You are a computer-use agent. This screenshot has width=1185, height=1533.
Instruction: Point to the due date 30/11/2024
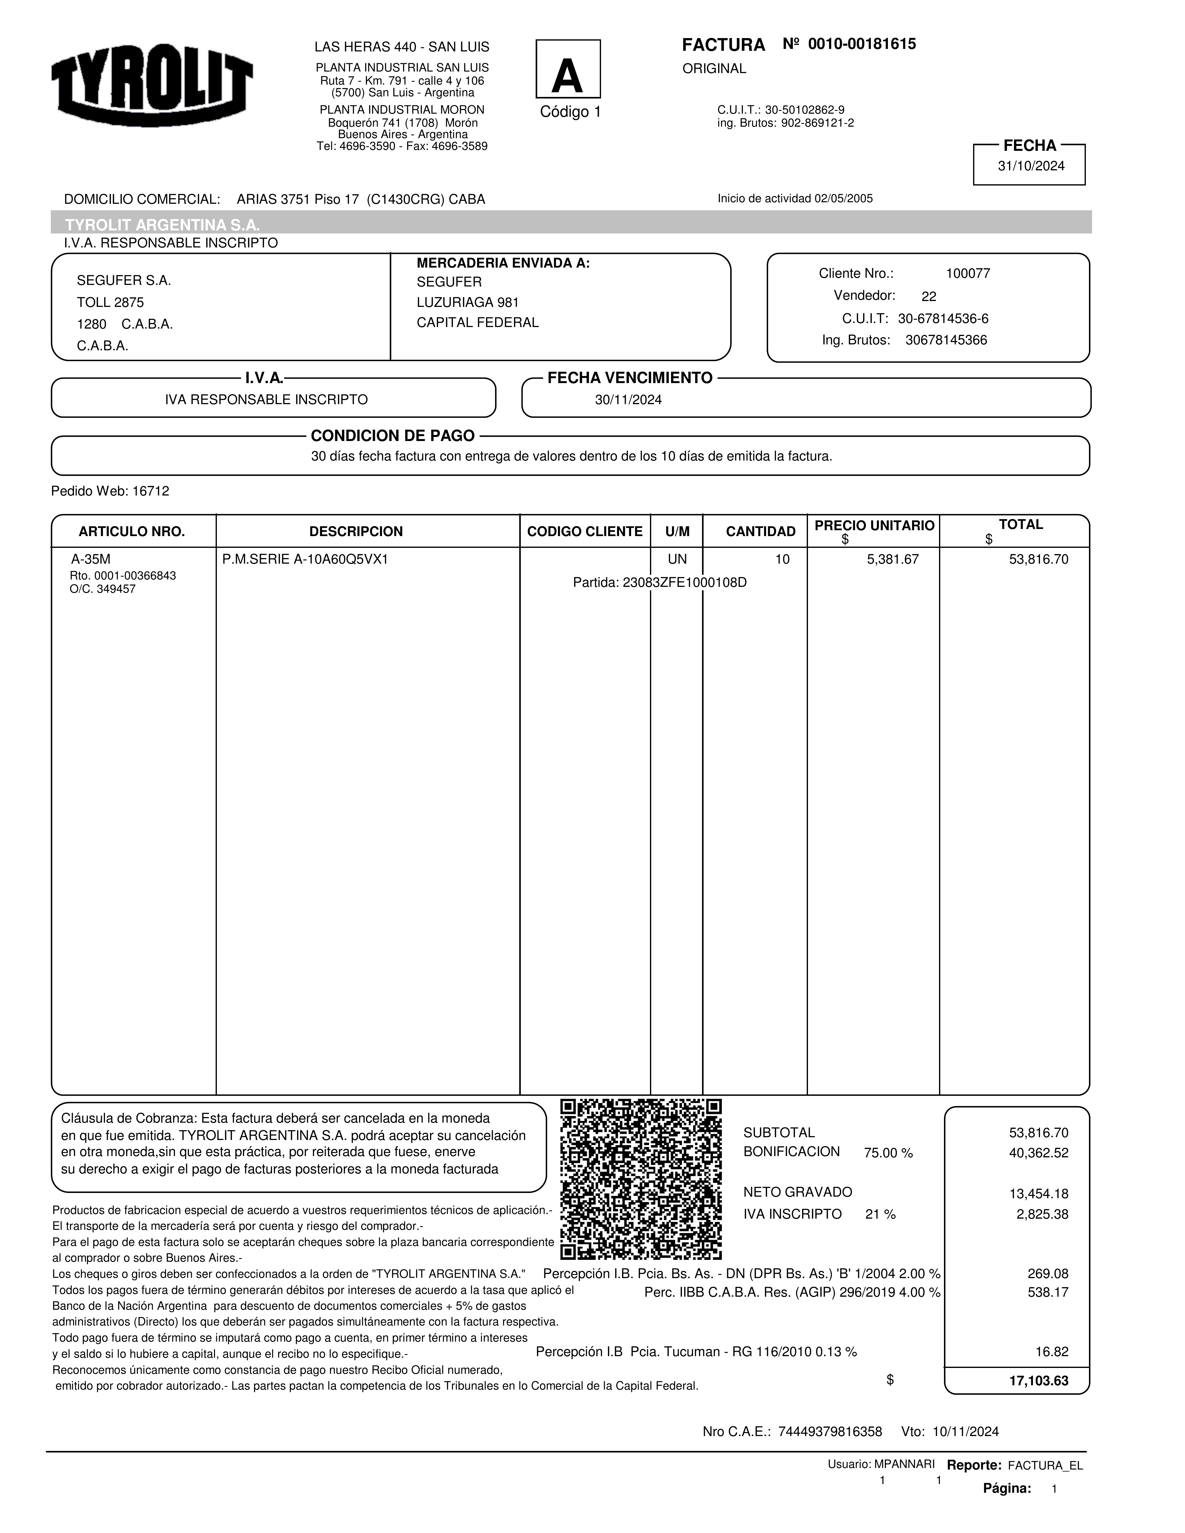point(628,400)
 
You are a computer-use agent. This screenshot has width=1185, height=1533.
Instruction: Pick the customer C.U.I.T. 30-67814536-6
point(943,319)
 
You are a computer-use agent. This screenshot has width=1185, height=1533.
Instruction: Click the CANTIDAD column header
point(760,531)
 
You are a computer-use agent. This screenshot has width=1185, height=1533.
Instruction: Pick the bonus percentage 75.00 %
point(888,1153)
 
